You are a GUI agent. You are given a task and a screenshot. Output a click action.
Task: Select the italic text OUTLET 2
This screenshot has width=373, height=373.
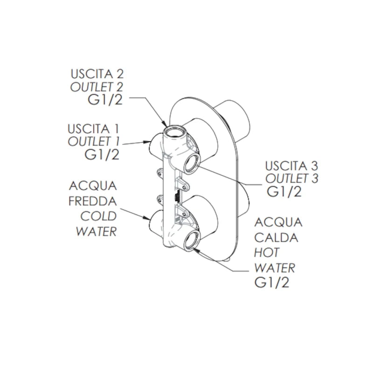[x=97, y=87]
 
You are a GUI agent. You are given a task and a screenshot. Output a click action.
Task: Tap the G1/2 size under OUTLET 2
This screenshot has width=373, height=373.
[x=105, y=100]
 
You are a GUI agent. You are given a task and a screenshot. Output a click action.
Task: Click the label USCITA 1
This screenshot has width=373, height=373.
[x=93, y=129]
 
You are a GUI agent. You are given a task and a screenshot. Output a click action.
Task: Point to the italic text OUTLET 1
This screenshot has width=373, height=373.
[x=93, y=142]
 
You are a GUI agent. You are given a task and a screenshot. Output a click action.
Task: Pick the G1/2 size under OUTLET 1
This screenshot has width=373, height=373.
[x=102, y=155]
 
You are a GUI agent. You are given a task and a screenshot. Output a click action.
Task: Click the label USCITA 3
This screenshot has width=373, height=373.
[x=292, y=166]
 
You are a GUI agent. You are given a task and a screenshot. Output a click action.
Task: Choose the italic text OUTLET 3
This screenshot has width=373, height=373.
[x=292, y=179]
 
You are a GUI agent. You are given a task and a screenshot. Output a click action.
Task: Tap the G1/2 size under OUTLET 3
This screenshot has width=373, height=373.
[x=284, y=192]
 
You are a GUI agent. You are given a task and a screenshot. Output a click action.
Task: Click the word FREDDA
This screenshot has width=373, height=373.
[x=92, y=201]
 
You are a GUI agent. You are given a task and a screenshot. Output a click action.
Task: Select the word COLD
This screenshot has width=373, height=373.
[x=98, y=216]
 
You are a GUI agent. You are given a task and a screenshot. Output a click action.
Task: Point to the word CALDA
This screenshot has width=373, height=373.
[x=276, y=237]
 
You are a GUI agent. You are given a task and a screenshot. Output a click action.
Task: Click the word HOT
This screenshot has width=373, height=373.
[x=266, y=253]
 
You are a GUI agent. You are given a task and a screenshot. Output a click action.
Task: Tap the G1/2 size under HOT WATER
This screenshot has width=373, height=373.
[x=272, y=283]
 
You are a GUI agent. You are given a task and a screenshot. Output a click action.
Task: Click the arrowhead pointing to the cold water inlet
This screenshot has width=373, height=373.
[x=147, y=217]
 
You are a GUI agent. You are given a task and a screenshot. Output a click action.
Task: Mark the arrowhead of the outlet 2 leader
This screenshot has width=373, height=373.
[x=166, y=123]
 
